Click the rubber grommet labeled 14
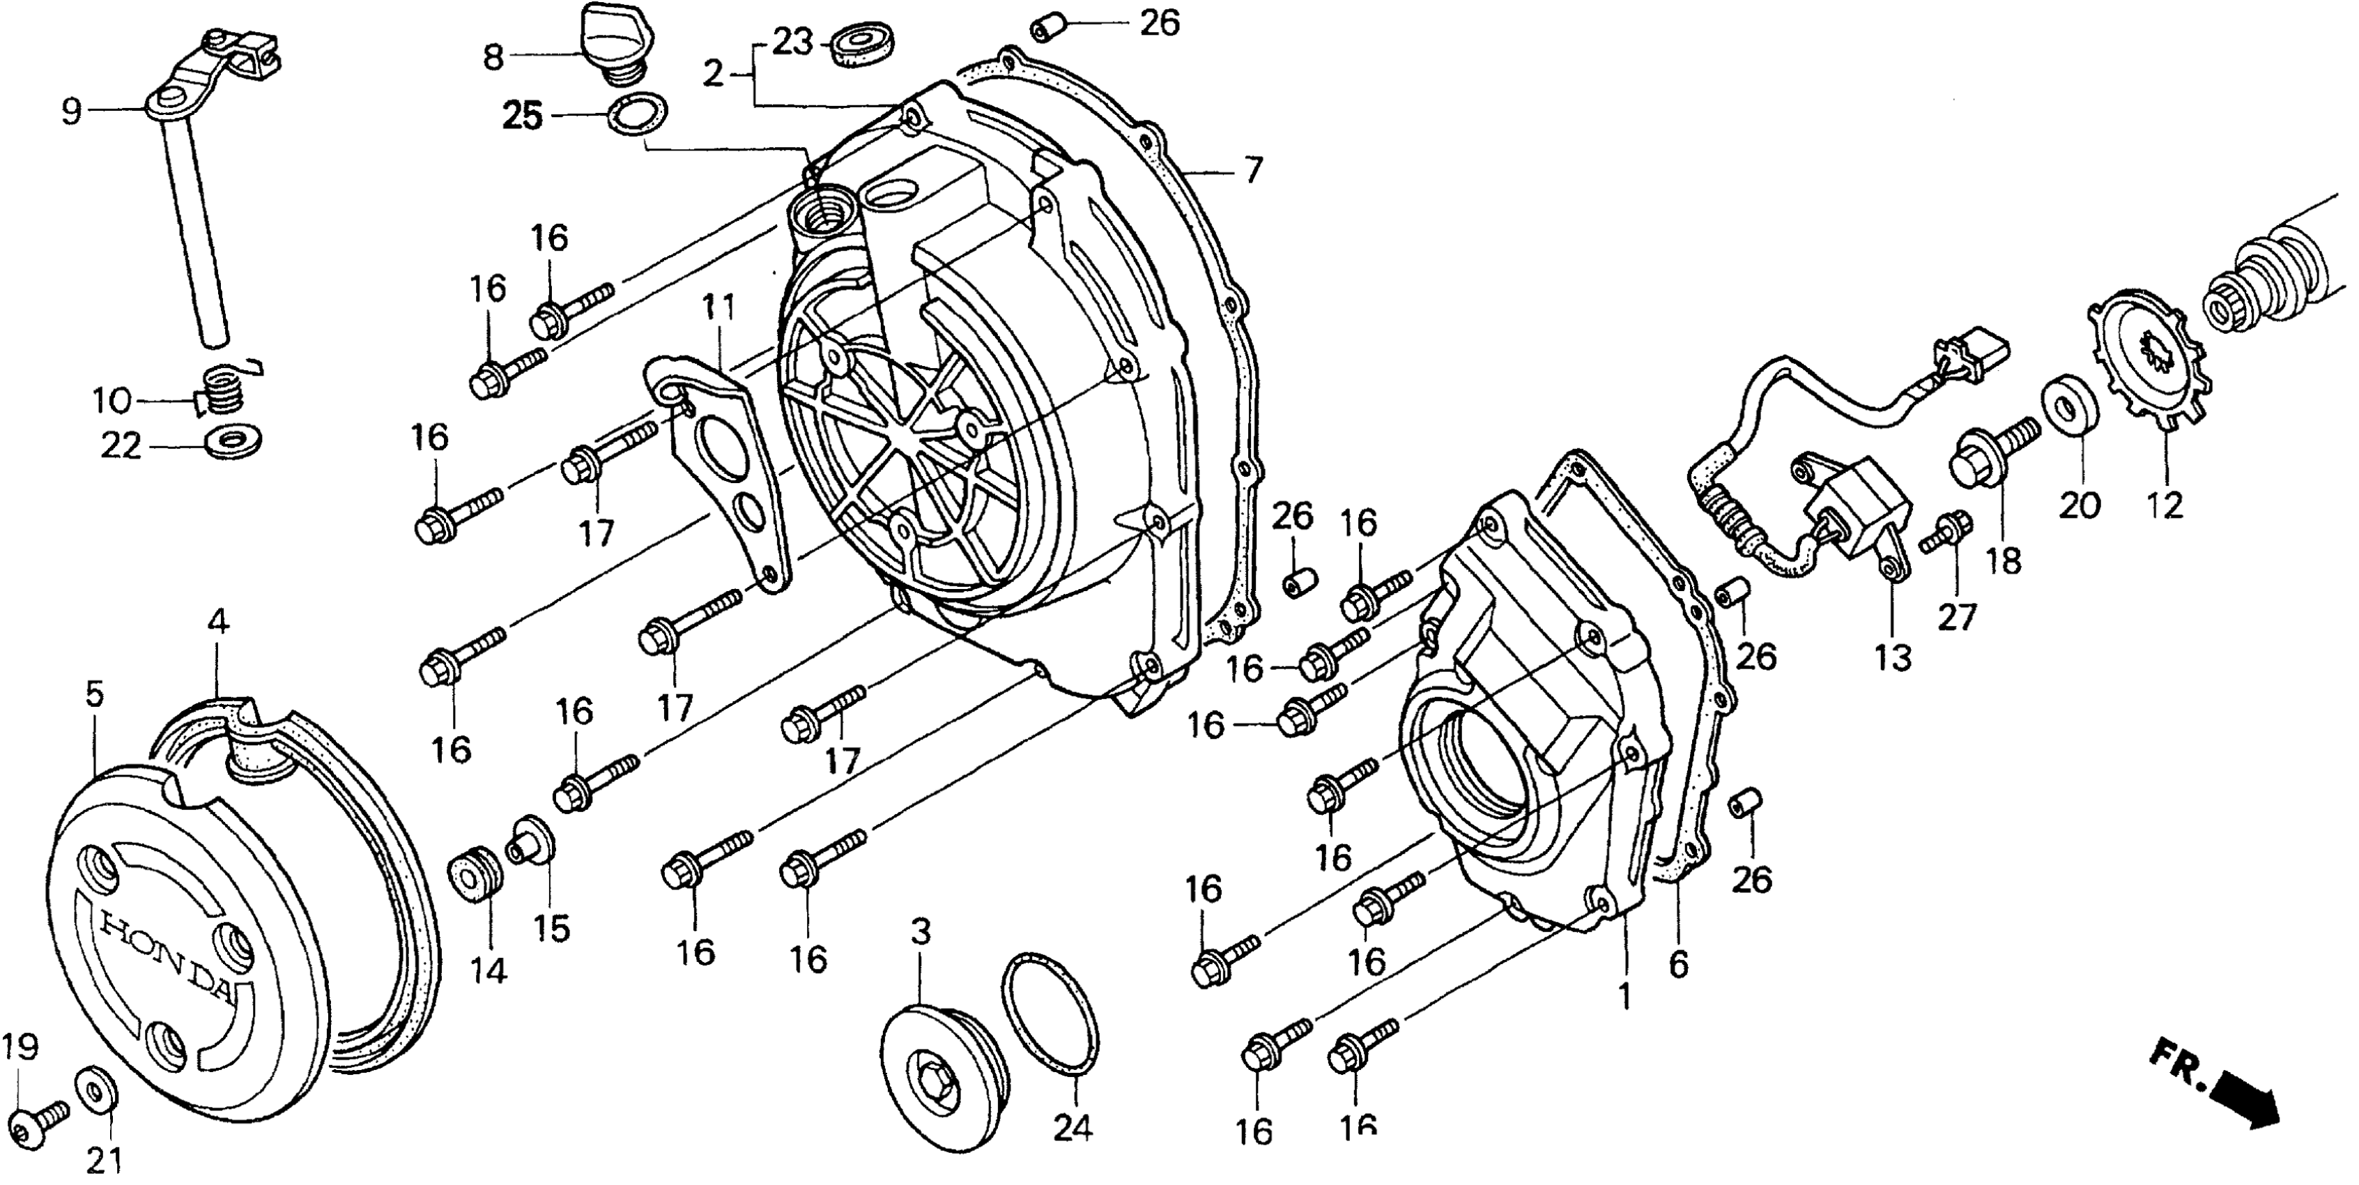click(476, 876)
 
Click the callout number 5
click(94, 694)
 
